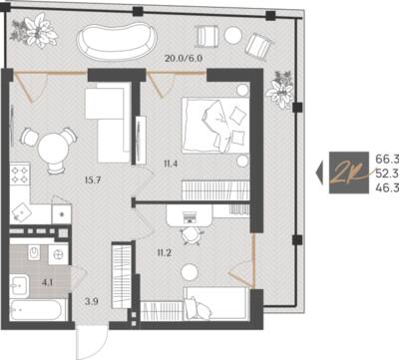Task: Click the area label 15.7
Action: [x=93, y=180]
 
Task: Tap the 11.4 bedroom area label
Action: [x=171, y=164]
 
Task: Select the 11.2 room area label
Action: [x=165, y=253]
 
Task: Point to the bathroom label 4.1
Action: [x=48, y=283]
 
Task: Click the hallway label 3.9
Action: [x=91, y=301]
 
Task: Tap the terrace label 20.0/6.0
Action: [x=184, y=59]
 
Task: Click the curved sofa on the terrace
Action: [x=117, y=42]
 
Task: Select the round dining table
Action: [x=53, y=150]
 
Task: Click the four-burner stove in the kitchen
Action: [x=20, y=175]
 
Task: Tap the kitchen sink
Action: [x=21, y=212]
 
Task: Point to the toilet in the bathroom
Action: [x=34, y=253]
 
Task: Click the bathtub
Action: [x=36, y=310]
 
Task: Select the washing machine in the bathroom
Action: [x=58, y=255]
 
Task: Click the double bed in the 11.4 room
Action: [x=215, y=125]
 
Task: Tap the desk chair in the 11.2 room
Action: [x=193, y=235]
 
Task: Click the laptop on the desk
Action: [x=190, y=217]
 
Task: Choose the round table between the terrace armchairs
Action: [x=233, y=35]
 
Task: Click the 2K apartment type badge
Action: [x=349, y=173]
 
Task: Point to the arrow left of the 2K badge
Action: [x=319, y=173]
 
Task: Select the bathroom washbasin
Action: [x=19, y=286]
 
